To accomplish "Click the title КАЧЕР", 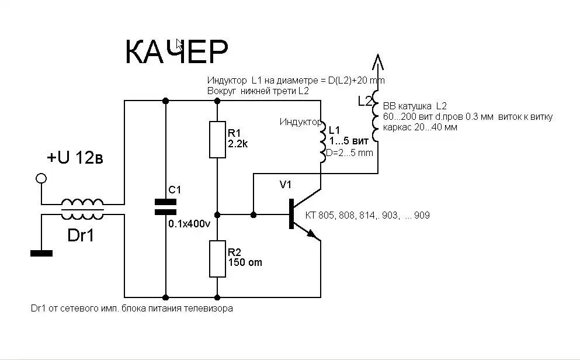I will point(176,52).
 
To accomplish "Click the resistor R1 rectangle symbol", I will point(217,139).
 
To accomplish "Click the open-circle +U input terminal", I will point(40,178).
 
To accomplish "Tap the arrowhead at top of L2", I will point(377,60).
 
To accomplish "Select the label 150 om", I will point(245,262).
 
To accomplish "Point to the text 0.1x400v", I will point(189,224).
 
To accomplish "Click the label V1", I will point(286,185).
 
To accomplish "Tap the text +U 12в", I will point(76,158).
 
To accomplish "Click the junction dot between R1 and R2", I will point(217,214).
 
